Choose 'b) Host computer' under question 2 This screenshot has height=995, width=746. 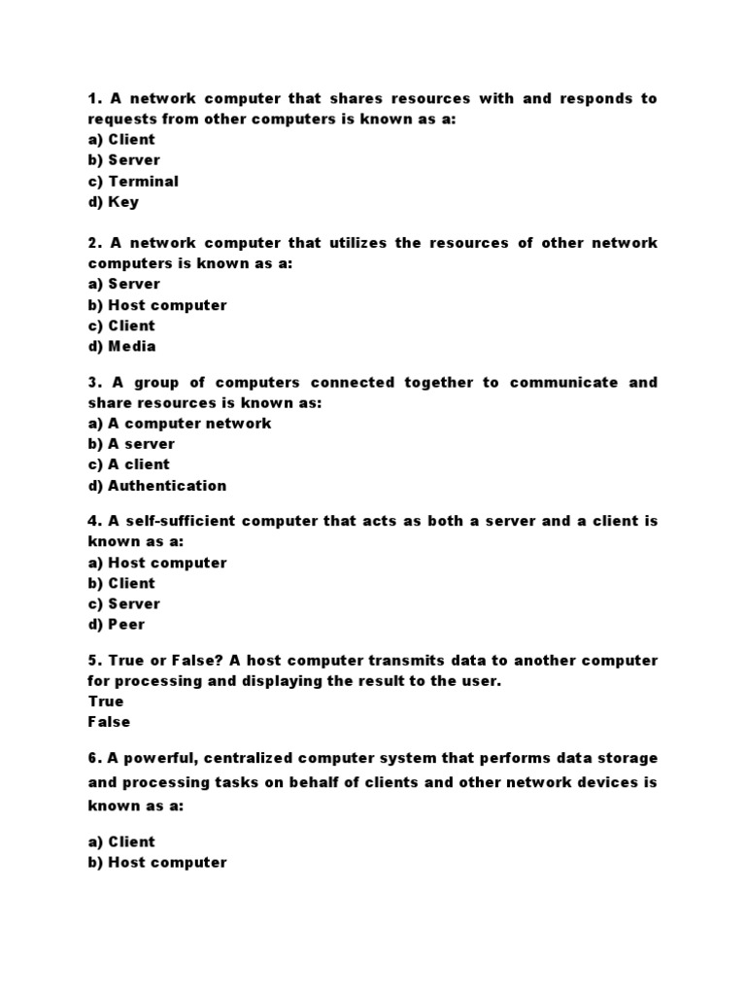tap(156, 305)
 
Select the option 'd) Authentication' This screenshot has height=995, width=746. tap(156, 486)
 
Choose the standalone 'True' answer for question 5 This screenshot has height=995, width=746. tap(105, 702)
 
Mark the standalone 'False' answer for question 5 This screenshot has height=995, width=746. tap(108, 722)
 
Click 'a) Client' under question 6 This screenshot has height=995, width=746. tap(120, 841)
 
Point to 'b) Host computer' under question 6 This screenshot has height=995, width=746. tap(156, 862)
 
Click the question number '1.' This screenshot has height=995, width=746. tap(94, 99)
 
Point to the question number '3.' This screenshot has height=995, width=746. tap(94, 383)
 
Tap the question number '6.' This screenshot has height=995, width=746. tap(94, 758)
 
